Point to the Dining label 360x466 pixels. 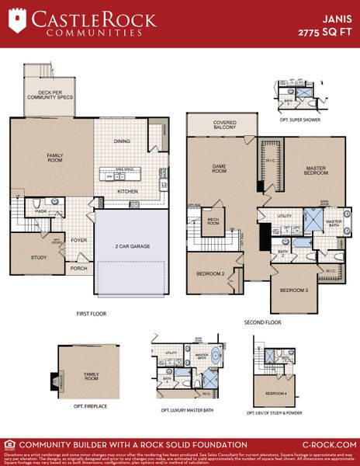click(122, 141)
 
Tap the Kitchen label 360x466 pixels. click(127, 191)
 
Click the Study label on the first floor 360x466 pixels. click(39, 257)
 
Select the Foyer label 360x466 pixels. click(79, 240)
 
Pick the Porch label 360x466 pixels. click(79, 270)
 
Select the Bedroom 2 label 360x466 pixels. click(210, 274)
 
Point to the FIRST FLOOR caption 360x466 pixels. click(91, 314)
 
